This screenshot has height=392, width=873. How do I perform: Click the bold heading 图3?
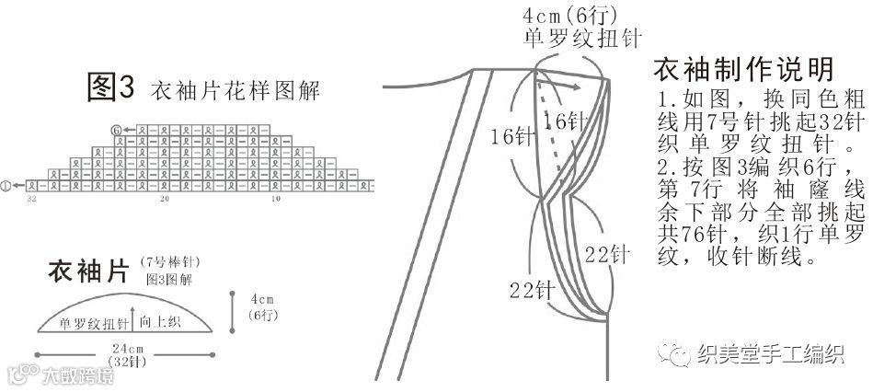click(110, 88)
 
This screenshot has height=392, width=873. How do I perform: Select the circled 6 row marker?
click(115, 131)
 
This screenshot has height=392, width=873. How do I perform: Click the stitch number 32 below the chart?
click(32, 199)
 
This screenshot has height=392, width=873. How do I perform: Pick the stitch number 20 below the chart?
click(165, 199)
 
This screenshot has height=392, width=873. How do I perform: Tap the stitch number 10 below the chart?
click(274, 199)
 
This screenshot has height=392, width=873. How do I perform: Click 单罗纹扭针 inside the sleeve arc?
click(93, 323)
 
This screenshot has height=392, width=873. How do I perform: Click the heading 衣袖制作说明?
click(742, 70)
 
